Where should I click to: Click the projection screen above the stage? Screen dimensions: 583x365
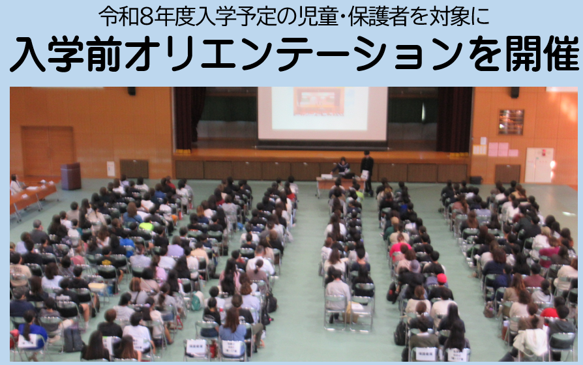[x=322, y=114]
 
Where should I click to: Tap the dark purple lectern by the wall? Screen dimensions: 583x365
[x=70, y=176]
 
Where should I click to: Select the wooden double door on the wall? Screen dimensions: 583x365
[x=48, y=152]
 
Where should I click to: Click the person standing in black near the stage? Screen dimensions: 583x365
[x=367, y=171]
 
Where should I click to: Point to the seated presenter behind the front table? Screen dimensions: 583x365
[x=342, y=168]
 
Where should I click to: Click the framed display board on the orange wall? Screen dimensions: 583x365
[x=511, y=122]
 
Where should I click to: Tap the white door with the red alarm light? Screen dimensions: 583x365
[x=539, y=165]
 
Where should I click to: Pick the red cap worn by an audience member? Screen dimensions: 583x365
[x=441, y=278]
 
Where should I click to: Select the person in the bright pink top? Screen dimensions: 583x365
[x=399, y=248]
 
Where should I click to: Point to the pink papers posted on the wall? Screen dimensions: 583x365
[x=498, y=149]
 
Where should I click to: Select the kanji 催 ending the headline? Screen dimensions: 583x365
[x=561, y=53]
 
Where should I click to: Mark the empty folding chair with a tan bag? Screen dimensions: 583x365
[x=361, y=312]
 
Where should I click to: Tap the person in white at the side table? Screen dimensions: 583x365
[x=16, y=184]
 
